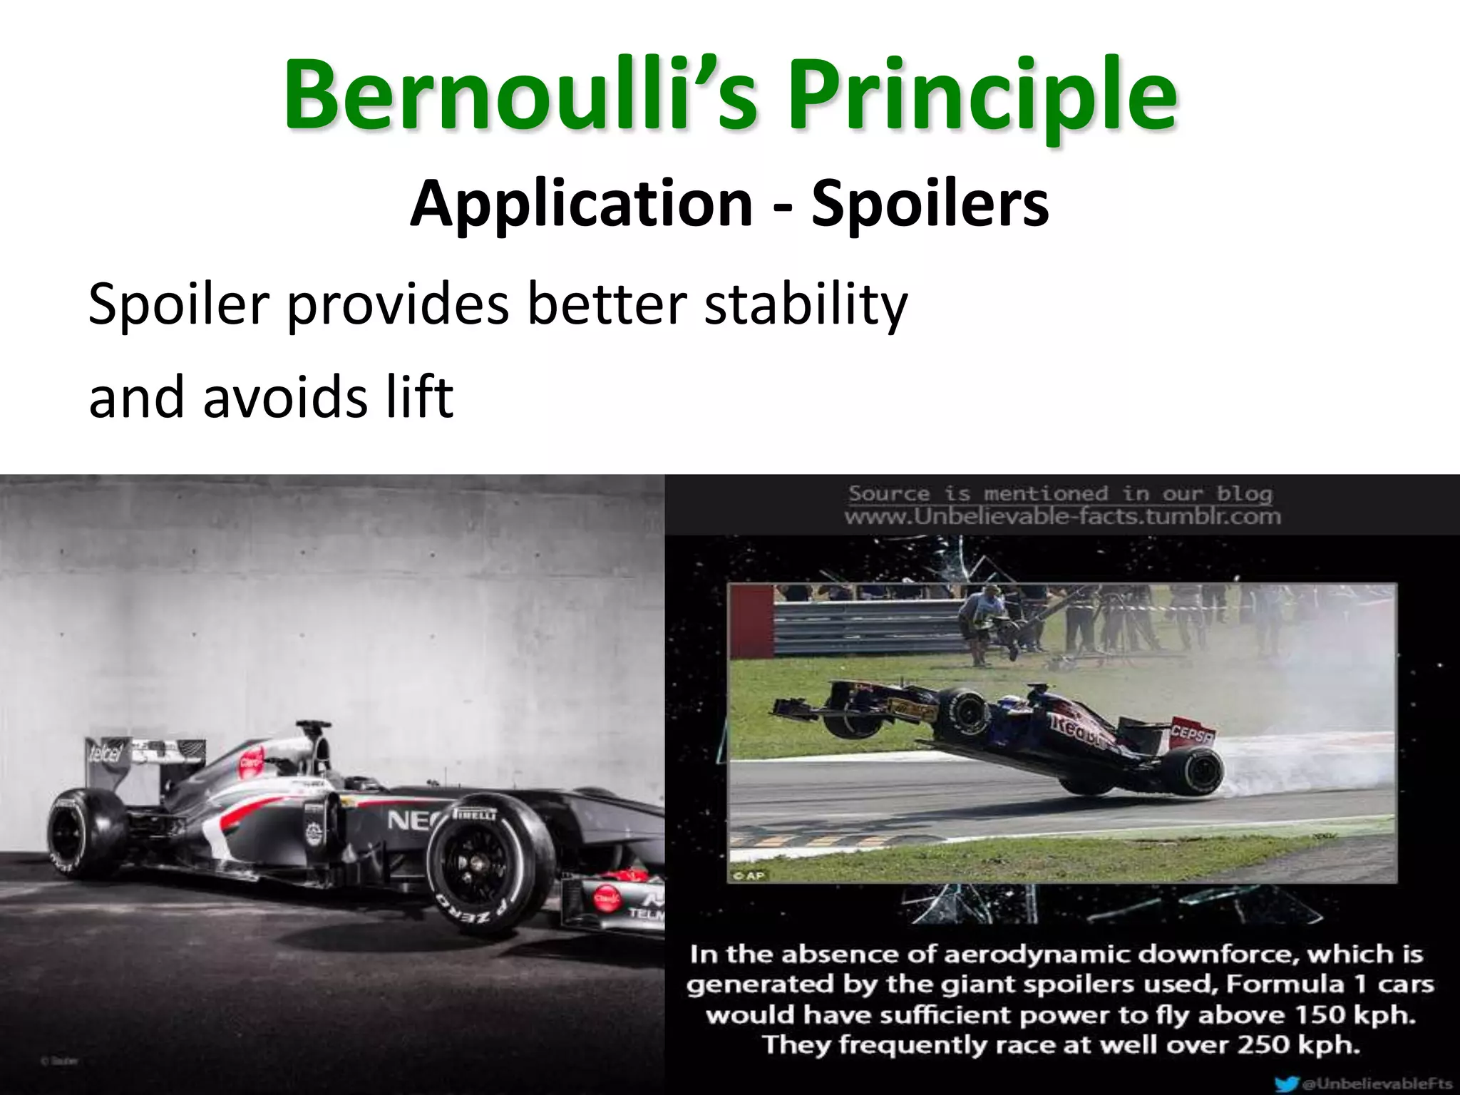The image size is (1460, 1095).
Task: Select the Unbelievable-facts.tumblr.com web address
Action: [1062, 516]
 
